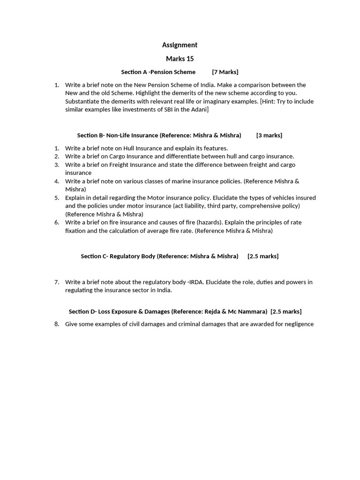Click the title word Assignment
tap(180, 45)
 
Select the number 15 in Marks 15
tap(189, 59)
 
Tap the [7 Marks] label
tap(225, 72)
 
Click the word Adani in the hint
tap(198, 109)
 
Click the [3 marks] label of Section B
tap(269, 135)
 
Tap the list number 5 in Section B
tap(57, 197)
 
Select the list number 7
tap(57, 282)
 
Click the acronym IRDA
tap(196, 282)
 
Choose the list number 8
tap(57, 324)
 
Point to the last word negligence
tap(296, 324)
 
